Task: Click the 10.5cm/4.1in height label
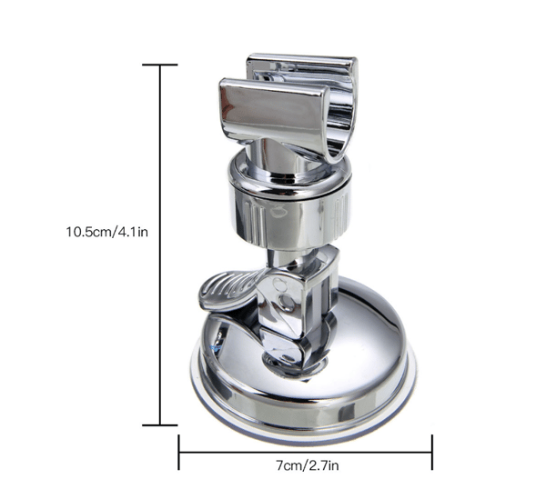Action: click(106, 232)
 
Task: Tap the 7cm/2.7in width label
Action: click(308, 465)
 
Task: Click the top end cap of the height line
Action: click(160, 65)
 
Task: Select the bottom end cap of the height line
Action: click(160, 425)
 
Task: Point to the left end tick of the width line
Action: click(179, 452)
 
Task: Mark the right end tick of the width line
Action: click(432, 452)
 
